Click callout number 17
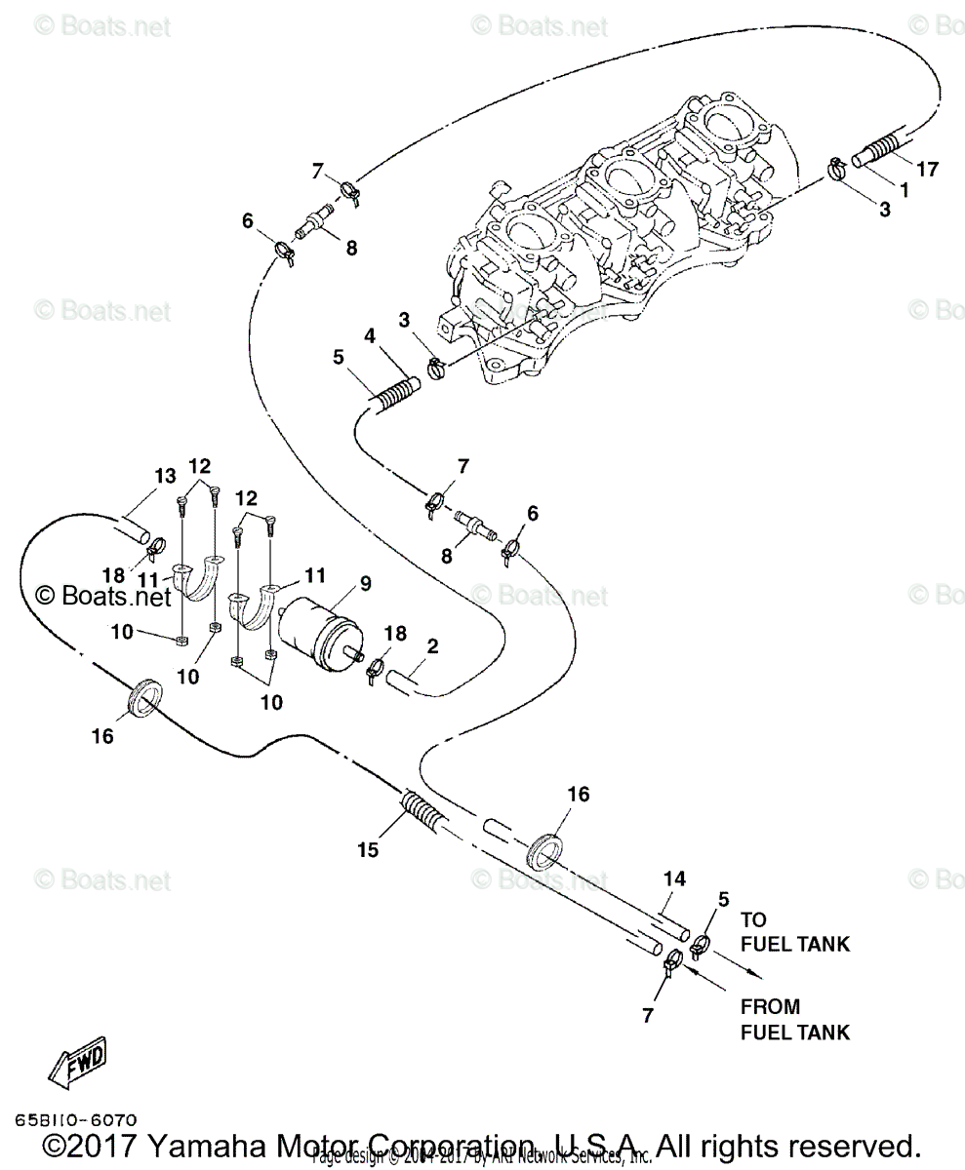[926, 170]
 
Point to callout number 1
[904, 191]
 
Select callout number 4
[370, 335]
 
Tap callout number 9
[365, 584]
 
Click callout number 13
[165, 476]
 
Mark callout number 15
[367, 850]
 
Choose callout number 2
[432, 645]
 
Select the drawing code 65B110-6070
[75, 1120]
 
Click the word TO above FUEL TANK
[753, 919]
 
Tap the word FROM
[770, 1007]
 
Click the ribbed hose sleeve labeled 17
[881, 150]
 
